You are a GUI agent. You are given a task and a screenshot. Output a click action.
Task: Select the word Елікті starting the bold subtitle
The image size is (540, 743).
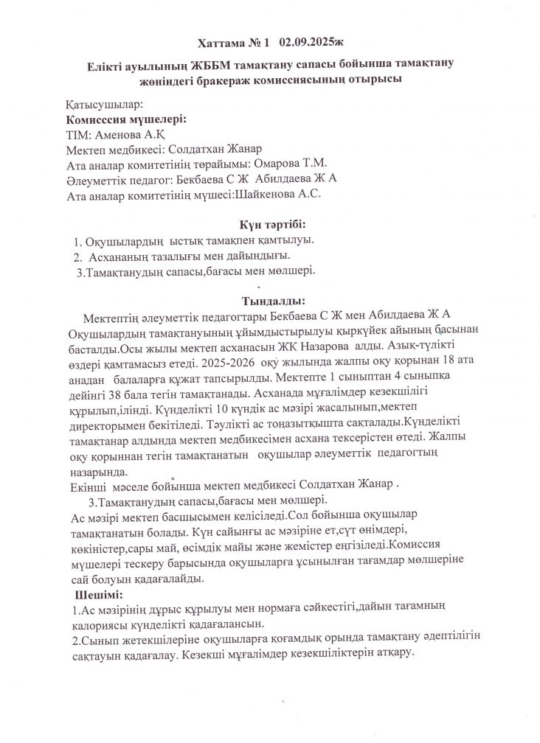(x=105, y=65)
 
